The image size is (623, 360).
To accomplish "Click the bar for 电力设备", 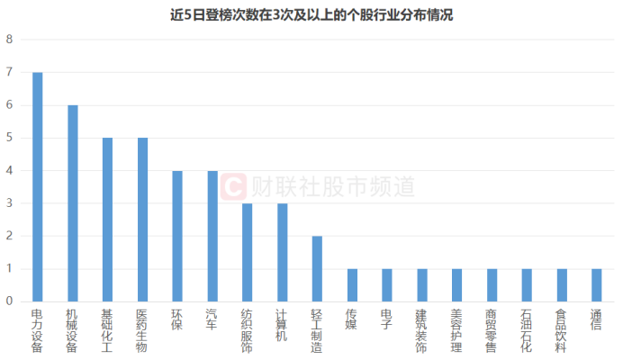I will pyautogui.click(x=38, y=186).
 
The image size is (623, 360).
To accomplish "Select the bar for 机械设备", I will pyautogui.click(x=73, y=202).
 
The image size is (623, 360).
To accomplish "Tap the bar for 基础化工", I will pyautogui.click(x=107, y=219).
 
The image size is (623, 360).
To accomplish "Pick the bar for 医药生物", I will pyautogui.click(x=142, y=219).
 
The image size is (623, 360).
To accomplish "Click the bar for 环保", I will pyautogui.click(x=177, y=236).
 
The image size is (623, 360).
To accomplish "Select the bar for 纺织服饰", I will pyautogui.click(x=247, y=252).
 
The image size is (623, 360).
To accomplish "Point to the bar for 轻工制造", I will pyautogui.click(x=317, y=268).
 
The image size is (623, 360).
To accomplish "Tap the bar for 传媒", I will pyautogui.click(x=352, y=284).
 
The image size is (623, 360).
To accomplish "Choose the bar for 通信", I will pyautogui.click(x=596, y=284).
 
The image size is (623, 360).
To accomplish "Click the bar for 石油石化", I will pyautogui.click(x=527, y=284).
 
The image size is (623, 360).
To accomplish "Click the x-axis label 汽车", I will pyautogui.click(x=212, y=322).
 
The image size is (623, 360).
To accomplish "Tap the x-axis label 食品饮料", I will pyautogui.click(x=561, y=331).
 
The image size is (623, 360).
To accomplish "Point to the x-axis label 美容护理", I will pyautogui.click(x=456, y=331).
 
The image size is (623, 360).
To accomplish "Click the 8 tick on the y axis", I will pyautogui.click(x=10, y=40).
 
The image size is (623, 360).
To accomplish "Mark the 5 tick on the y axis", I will pyautogui.click(x=10, y=138).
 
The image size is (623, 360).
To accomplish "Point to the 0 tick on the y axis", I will pyautogui.click(x=10, y=301).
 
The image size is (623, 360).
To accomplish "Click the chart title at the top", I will pyautogui.click(x=311, y=14).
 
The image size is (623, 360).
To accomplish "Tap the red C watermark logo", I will pyautogui.click(x=234, y=186).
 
